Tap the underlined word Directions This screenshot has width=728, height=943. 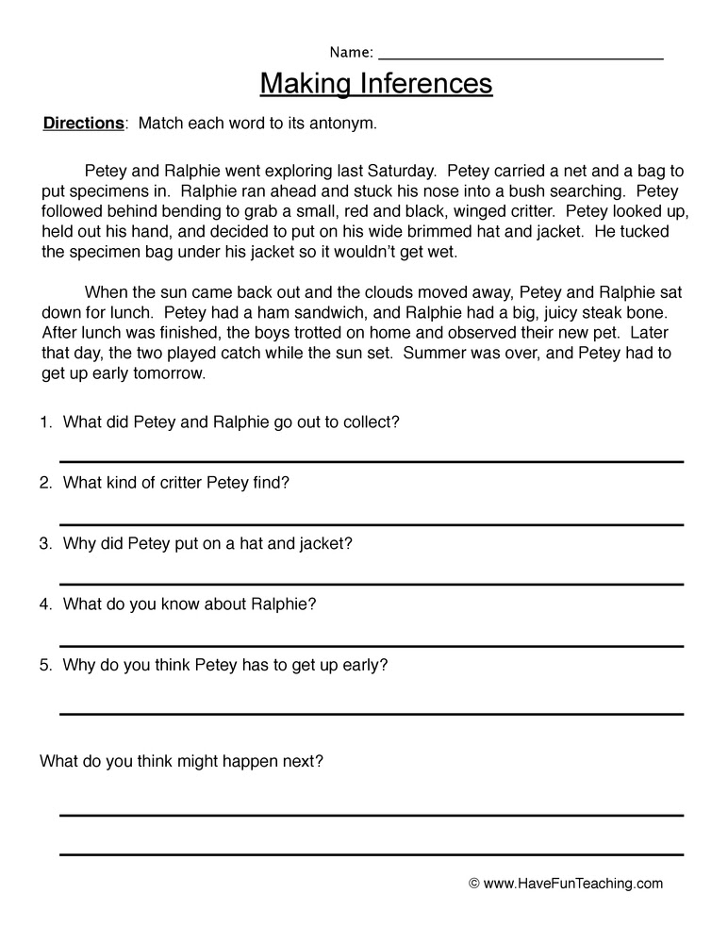tap(84, 124)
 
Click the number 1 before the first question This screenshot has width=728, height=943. tap(45, 422)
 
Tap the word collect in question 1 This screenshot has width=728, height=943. tap(371, 422)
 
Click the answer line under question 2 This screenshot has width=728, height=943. tap(372, 523)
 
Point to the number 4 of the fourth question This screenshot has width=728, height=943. tap(45, 604)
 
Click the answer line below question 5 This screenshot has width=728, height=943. tap(372, 714)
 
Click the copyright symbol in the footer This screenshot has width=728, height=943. tap(474, 885)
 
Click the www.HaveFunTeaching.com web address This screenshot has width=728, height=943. tap(573, 885)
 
